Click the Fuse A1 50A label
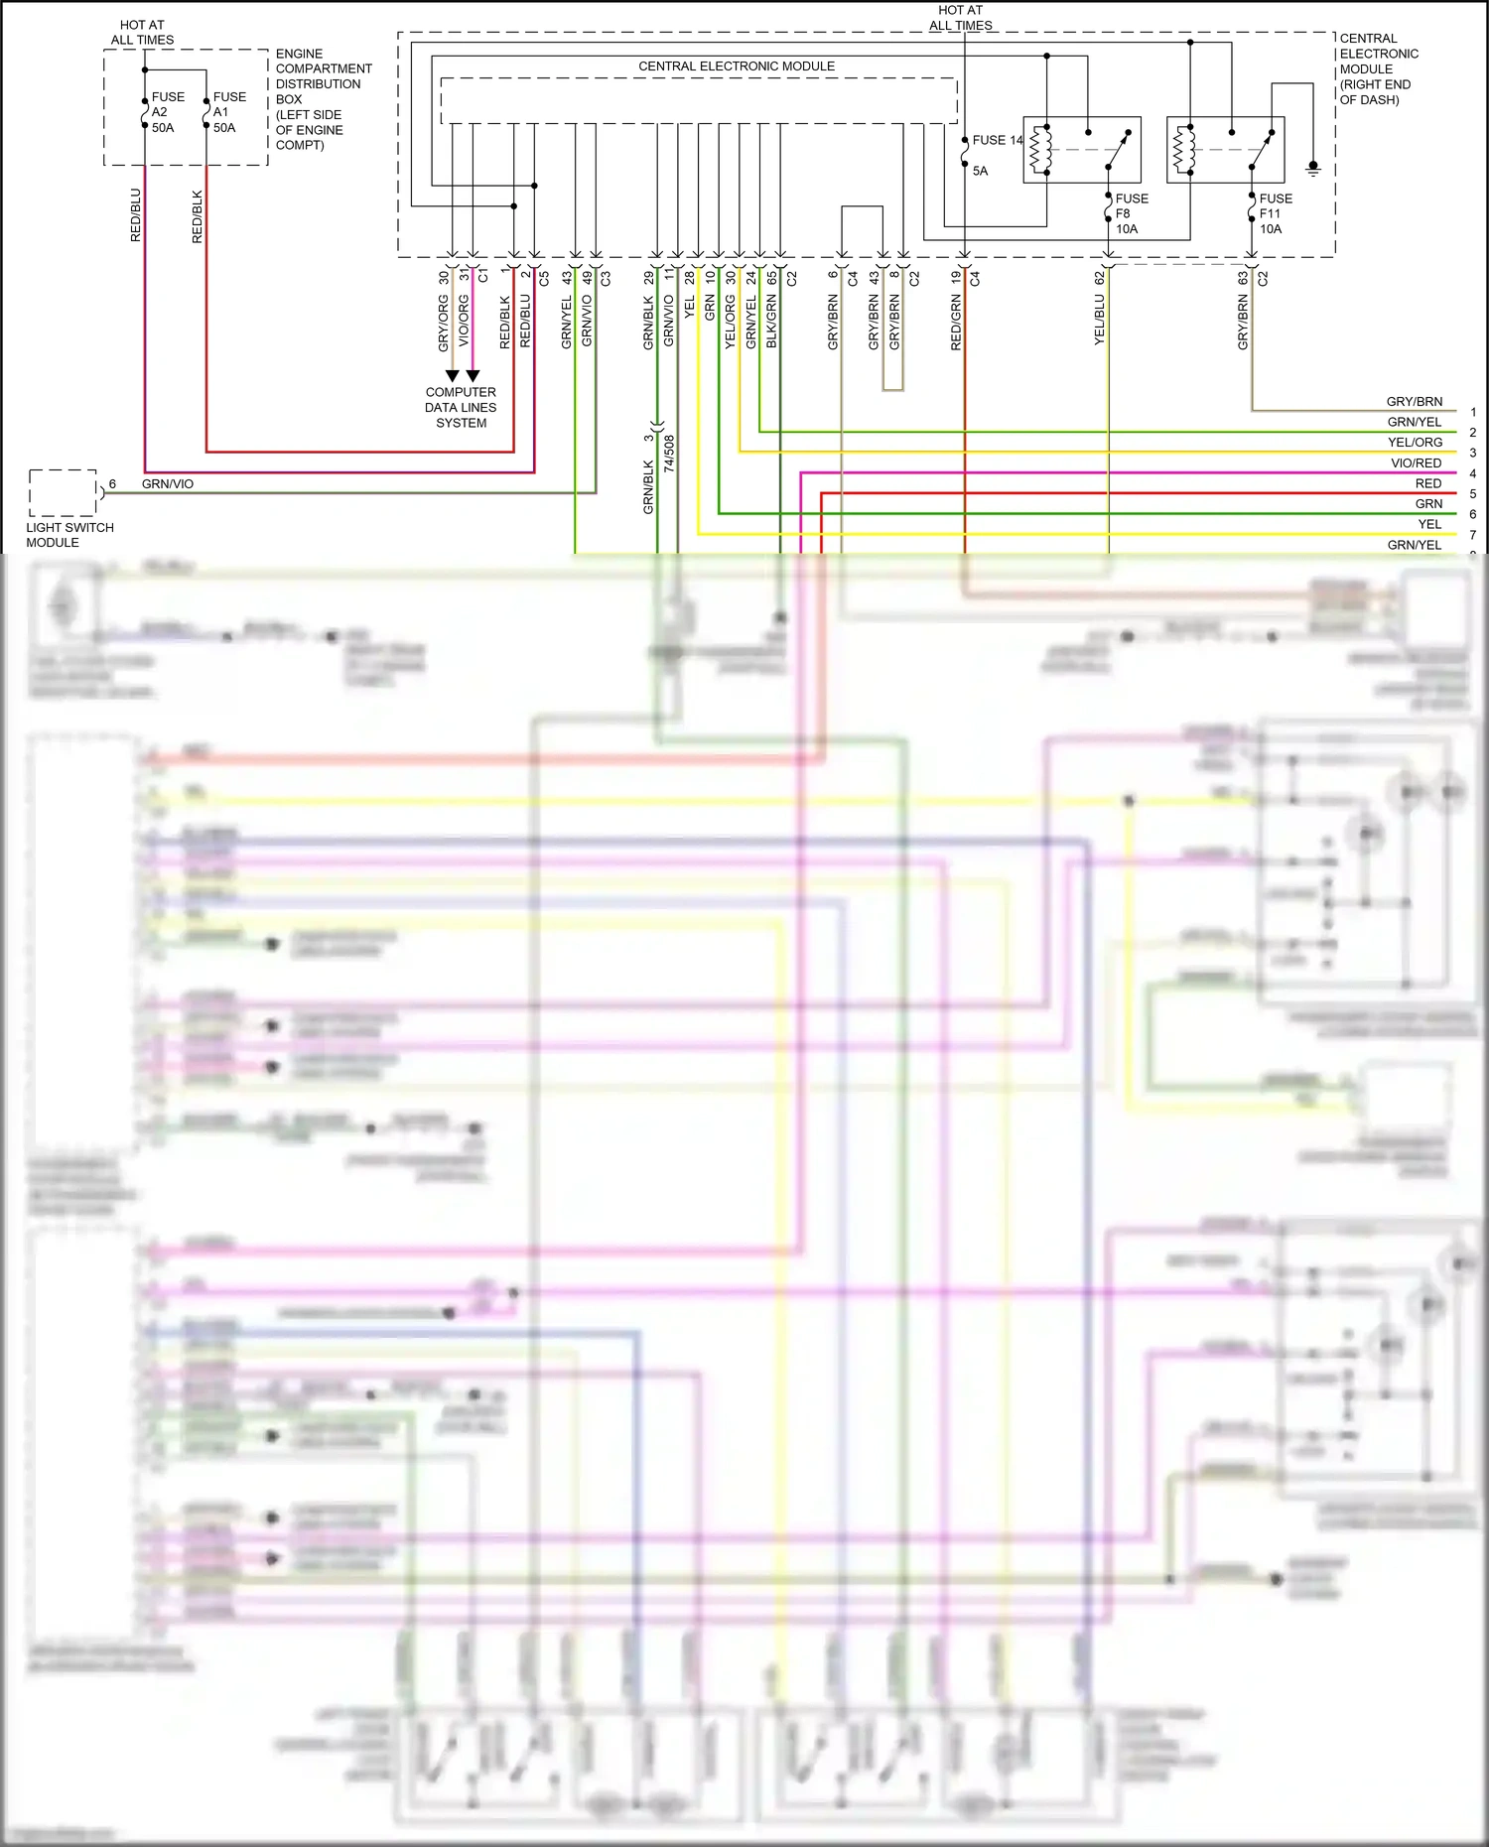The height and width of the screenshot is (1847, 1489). pos(228,112)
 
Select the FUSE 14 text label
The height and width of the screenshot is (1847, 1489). pos(997,140)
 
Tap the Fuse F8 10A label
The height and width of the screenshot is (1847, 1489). pos(1131,213)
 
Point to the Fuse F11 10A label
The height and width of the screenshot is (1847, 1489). pos(1275,213)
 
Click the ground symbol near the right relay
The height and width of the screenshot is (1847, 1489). pos(1312,168)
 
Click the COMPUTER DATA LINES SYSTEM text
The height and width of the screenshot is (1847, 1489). pos(461,407)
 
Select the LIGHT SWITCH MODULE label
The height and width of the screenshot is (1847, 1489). pos(68,535)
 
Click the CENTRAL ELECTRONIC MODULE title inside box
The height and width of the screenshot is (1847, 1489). pos(736,66)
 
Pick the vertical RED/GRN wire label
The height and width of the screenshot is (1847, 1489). pos(956,322)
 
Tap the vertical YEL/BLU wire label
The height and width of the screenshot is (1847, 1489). pos(1099,320)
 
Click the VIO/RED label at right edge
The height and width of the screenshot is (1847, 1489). pos(1416,463)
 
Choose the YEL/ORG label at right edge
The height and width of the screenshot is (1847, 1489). pos(1415,443)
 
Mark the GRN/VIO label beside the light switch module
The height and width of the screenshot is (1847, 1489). pos(168,484)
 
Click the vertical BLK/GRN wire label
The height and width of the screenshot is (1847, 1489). pos(771,322)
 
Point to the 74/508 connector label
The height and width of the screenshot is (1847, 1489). pos(669,453)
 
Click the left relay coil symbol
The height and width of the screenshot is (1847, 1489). pos(1039,149)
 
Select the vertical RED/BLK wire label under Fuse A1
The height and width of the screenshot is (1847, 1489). pos(197,216)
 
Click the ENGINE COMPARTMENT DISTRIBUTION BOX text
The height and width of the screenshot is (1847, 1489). pos(323,99)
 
